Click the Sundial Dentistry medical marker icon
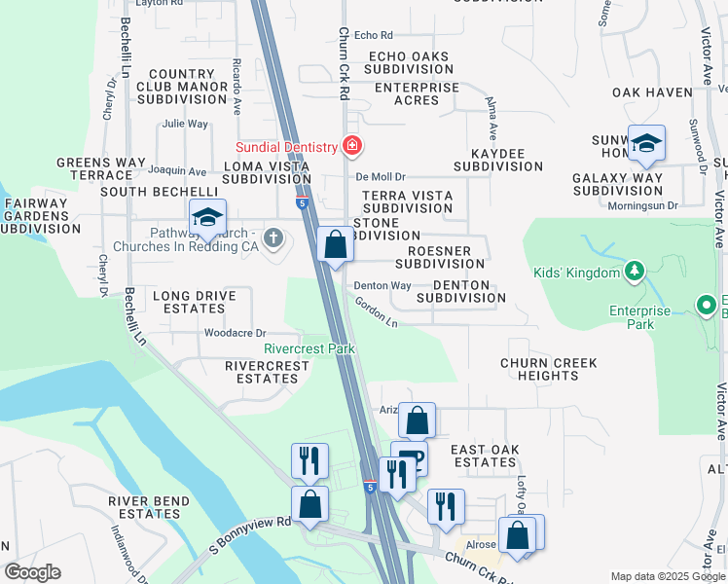tap(351, 147)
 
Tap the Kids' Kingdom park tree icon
tap(635, 270)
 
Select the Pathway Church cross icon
tap(274, 237)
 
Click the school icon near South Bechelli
tap(207, 218)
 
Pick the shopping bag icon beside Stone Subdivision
tap(336, 245)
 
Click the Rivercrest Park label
tap(309, 348)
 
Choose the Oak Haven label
tap(651, 92)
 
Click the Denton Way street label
tap(382, 285)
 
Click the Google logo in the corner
tap(32, 572)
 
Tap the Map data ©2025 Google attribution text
tap(667, 576)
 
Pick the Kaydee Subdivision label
tap(497, 160)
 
